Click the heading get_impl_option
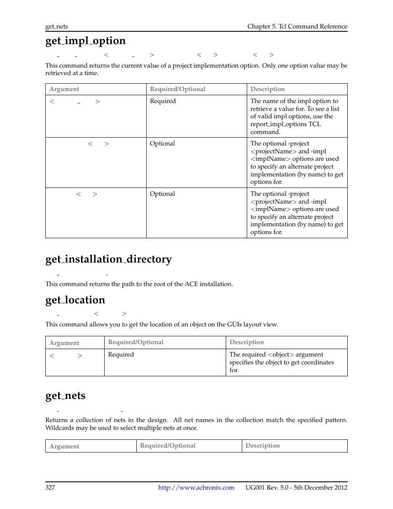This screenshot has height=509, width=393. click(x=85, y=41)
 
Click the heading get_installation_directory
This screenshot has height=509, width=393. click(x=108, y=259)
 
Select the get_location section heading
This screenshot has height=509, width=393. click(x=75, y=300)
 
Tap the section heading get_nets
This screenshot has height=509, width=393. click(x=65, y=396)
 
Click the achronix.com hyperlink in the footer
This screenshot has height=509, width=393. click(x=196, y=488)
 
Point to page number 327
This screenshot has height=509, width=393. click(x=50, y=488)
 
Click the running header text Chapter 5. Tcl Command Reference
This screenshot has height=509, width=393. click(x=297, y=26)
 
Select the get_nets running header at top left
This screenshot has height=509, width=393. click(x=56, y=26)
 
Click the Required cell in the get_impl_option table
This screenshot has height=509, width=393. click(x=163, y=101)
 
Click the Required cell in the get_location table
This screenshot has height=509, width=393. click(x=121, y=354)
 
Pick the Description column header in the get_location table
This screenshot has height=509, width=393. click(x=246, y=342)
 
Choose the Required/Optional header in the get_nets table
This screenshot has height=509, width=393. click(x=168, y=446)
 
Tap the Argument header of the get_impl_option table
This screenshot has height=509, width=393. click(x=64, y=89)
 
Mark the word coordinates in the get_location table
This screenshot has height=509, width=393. click(x=318, y=362)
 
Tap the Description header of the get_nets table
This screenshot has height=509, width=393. click(x=262, y=446)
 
